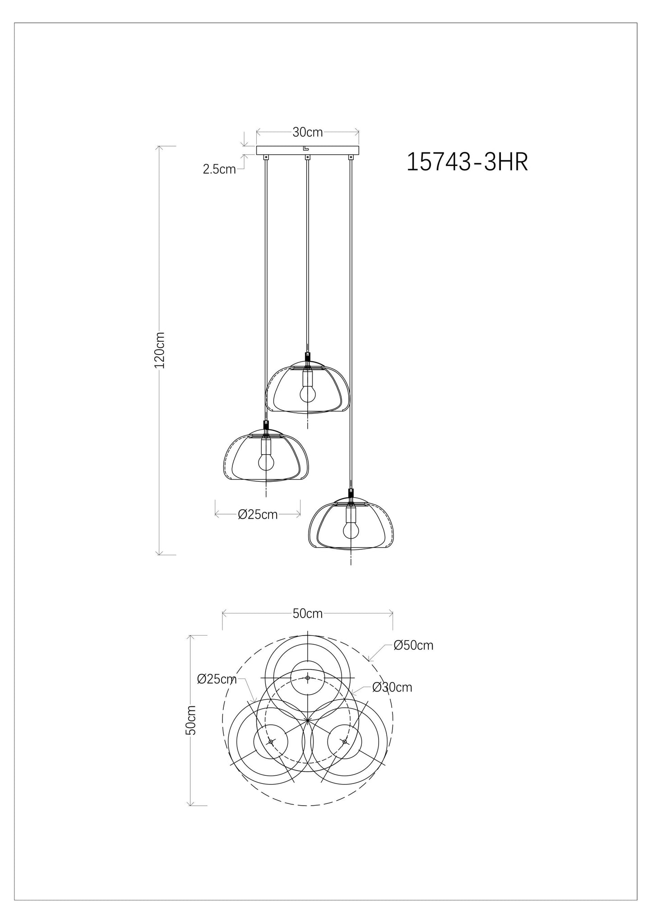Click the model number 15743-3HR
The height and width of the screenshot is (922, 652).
coord(467,162)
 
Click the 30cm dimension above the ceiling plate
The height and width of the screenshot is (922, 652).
coord(307,132)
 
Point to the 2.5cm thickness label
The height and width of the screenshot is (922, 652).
coord(219,170)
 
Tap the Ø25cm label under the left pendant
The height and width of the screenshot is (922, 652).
coord(258,514)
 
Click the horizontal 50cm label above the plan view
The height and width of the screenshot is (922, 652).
coord(307,613)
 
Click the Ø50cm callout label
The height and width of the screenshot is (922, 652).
coord(413,645)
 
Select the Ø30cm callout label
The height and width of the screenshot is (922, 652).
coord(392,687)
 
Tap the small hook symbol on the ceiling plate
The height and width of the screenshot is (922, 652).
coord(306,148)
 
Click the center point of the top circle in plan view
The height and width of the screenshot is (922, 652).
coord(307,678)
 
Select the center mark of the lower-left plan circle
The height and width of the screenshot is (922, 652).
coord(270,742)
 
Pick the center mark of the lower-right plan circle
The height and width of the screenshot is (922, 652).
coord(345,742)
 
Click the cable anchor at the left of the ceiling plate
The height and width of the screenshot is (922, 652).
coord(265,157)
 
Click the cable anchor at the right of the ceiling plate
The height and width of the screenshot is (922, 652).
coord(350,157)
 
